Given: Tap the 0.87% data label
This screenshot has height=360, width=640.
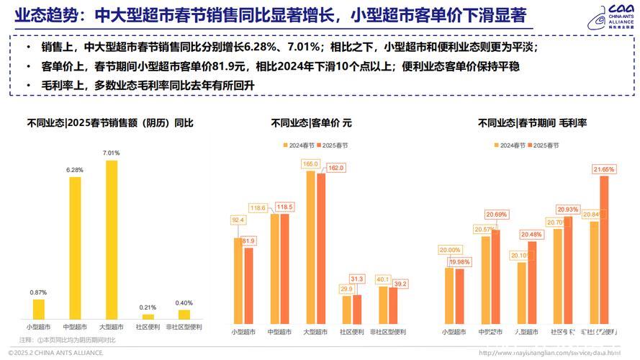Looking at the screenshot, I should [39, 292].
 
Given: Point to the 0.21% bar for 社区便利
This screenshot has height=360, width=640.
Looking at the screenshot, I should [148, 316].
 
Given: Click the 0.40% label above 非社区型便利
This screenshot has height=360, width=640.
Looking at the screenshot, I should [184, 302].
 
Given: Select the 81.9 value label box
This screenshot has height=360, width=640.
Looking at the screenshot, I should [248, 240].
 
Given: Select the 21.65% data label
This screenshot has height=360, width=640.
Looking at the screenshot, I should [604, 169].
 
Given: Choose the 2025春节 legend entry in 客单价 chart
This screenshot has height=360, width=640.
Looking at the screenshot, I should [335, 145].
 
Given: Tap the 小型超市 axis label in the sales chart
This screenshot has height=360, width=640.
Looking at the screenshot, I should [39, 326].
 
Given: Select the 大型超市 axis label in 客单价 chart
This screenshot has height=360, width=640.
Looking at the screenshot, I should [315, 332].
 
